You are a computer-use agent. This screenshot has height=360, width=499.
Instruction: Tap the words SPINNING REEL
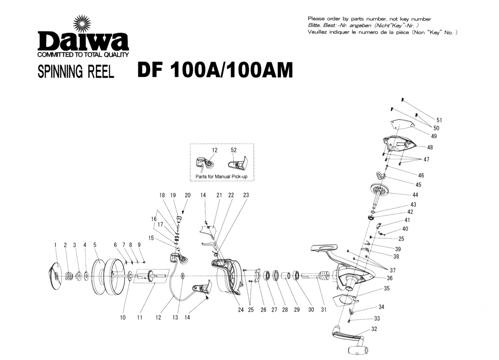click(76, 72)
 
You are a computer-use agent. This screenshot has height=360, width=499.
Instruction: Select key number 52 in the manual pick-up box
click(234, 150)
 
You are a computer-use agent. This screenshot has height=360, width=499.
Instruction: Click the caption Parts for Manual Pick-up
click(222, 177)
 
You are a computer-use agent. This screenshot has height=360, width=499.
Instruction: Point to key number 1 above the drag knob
click(56, 245)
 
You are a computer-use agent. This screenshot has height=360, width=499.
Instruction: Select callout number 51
click(439, 120)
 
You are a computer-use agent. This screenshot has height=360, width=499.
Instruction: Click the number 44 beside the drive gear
click(415, 195)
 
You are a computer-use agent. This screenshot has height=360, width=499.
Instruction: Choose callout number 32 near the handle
click(374, 329)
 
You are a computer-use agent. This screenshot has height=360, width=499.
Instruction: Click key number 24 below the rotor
click(240, 310)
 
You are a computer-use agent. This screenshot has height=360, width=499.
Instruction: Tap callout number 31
click(324, 310)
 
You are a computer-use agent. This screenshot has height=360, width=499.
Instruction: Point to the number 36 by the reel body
click(389, 278)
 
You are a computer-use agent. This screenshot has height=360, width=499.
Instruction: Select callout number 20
click(188, 195)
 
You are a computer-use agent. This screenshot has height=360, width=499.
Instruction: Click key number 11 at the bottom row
click(140, 318)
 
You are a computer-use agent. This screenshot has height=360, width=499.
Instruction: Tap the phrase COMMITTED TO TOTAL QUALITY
click(83, 55)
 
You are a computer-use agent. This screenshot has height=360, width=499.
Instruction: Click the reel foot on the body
click(324, 248)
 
